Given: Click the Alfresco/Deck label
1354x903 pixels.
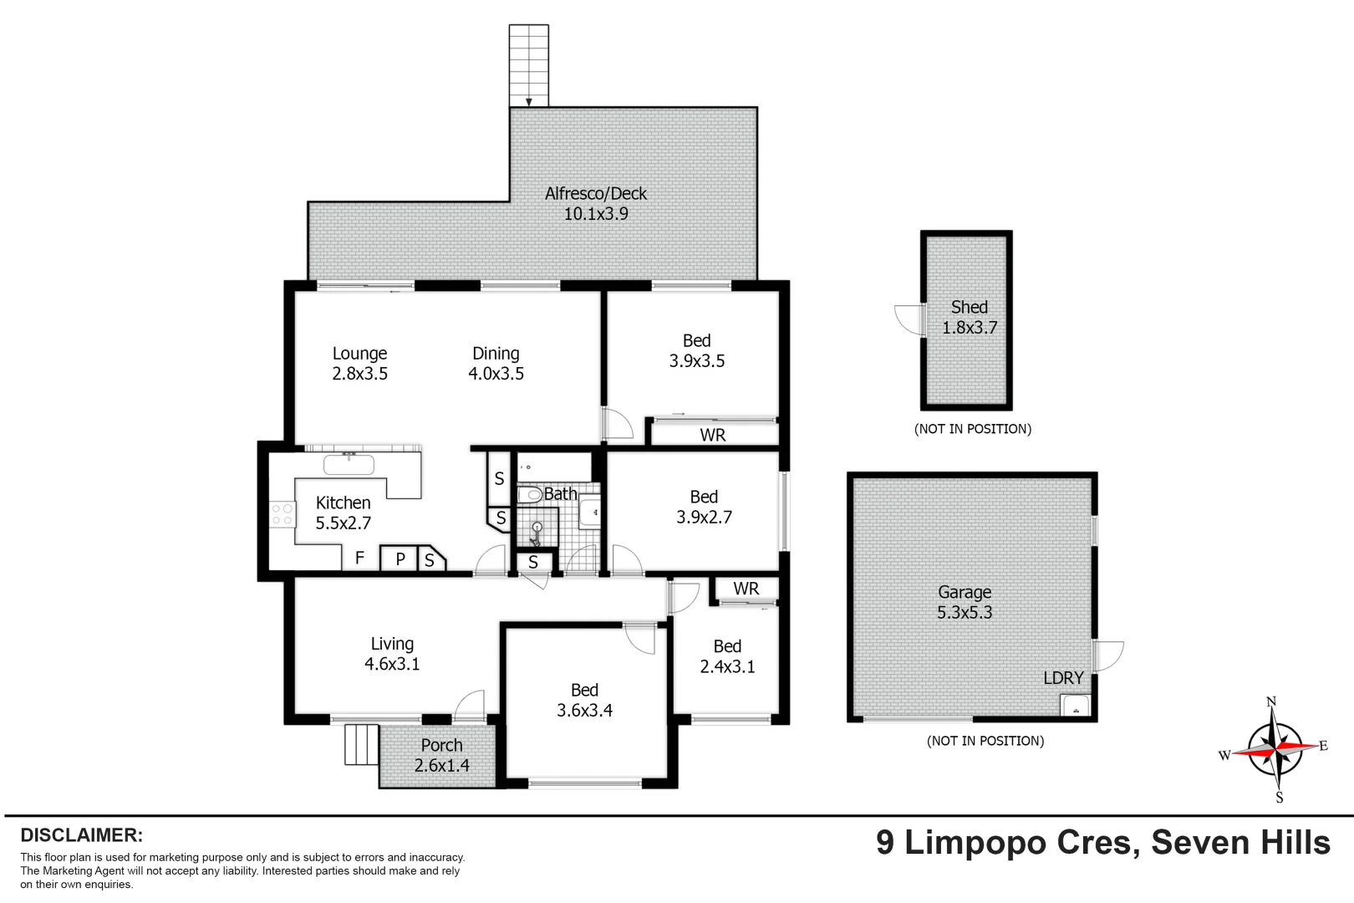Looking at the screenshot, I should pyautogui.click(x=595, y=194).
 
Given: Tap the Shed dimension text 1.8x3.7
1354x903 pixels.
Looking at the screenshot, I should pyautogui.click(x=970, y=328).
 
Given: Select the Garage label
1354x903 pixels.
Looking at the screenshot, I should pyautogui.click(x=965, y=592).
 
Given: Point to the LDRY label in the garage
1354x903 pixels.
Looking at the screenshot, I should pyautogui.click(x=1063, y=678).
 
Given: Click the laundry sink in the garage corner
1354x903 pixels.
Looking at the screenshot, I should pyautogui.click(x=1076, y=706).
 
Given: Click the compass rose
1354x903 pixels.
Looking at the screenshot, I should pyautogui.click(x=1274, y=749).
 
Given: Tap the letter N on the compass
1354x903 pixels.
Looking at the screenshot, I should pyautogui.click(x=1271, y=701).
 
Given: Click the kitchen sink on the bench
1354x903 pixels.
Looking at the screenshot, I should pyautogui.click(x=349, y=463).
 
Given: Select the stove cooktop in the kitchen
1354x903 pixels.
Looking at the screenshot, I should pyautogui.click(x=283, y=514).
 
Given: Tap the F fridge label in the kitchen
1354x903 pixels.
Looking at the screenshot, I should pyautogui.click(x=359, y=558).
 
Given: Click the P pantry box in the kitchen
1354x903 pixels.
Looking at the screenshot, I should pyautogui.click(x=400, y=559).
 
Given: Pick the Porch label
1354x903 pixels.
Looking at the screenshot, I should pyautogui.click(x=441, y=745).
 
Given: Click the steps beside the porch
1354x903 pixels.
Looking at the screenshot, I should pyautogui.click(x=361, y=744).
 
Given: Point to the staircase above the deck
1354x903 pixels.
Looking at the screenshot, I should pyautogui.click(x=529, y=65).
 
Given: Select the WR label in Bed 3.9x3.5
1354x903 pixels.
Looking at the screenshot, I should pyautogui.click(x=713, y=435).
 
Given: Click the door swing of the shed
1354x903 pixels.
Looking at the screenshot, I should pyautogui.click(x=908, y=319).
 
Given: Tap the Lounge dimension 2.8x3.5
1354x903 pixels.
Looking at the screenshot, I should pyautogui.click(x=359, y=374).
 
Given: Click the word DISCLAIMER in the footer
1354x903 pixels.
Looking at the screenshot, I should pyautogui.click(x=81, y=835).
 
